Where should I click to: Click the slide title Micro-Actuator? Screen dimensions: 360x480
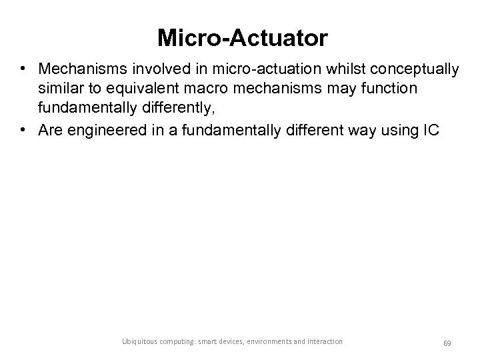[x=242, y=38]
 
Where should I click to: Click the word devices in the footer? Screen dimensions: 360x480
[x=228, y=341]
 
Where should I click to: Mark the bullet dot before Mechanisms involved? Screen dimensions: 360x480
[x=23, y=70]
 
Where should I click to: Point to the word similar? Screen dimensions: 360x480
[x=59, y=89]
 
